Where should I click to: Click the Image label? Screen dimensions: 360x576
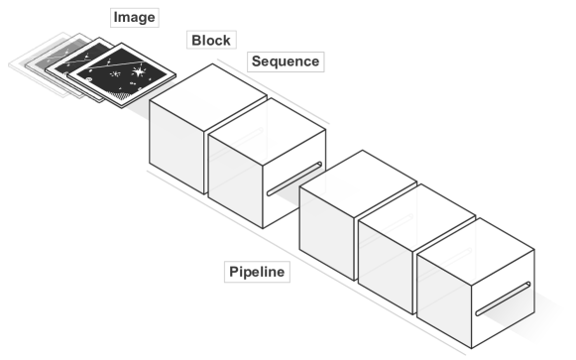tap(134, 18)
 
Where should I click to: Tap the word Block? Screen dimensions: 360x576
tap(209, 41)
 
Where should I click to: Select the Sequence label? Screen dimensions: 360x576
tap(284, 61)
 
